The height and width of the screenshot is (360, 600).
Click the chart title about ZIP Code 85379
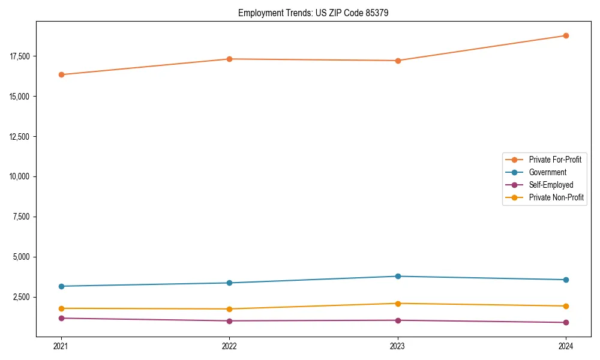(313, 13)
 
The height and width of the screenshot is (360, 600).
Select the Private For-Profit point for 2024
(566, 35)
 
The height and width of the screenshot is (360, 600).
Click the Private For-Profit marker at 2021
(61, 74)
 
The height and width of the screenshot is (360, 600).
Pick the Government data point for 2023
(398, 276)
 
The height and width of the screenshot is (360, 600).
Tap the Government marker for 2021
(61, 286)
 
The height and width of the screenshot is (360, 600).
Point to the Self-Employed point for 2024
(566, 322)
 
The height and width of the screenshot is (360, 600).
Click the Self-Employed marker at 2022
(229, 320)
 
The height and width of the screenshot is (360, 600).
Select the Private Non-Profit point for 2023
(398, 303)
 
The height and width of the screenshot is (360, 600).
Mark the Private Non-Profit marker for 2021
(61, 308)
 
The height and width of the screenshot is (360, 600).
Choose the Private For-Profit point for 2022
(229, 59)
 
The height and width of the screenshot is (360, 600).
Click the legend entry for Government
(547, 172)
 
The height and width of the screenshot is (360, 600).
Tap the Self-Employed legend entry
(551, 185)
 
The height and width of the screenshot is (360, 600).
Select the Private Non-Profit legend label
(556, 197)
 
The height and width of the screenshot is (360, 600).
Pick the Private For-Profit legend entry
(555, 160)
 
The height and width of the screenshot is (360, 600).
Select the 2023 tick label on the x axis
(398, 346)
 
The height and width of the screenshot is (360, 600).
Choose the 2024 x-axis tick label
(566, 346)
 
